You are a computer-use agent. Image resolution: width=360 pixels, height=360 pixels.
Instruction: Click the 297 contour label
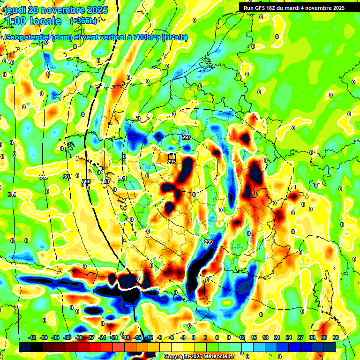click(187, 137)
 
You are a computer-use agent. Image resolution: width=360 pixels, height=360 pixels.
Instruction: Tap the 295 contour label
click(172, 162)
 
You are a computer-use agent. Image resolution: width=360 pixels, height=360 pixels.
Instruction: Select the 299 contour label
click(209, 242)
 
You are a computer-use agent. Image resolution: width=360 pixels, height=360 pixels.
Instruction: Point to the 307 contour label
click(67, 177)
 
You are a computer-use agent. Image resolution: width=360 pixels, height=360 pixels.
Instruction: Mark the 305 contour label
click(86, 181)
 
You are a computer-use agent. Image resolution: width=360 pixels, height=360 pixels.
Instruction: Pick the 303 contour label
click(105, 181)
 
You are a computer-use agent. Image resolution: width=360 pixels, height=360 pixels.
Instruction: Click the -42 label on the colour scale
click(32, 337)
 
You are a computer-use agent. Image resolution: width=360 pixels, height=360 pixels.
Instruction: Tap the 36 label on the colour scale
click(336, 337)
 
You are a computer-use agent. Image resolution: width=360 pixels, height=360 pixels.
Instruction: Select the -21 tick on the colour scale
click(114, 337)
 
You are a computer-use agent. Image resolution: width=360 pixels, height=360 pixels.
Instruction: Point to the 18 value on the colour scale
click(265, 337)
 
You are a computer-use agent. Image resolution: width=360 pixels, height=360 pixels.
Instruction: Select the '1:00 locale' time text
click(32, 21)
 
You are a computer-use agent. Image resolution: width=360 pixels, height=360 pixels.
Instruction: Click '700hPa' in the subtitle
click(146, 37)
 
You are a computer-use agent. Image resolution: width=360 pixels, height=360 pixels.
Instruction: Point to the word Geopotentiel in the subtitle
click(27, 37)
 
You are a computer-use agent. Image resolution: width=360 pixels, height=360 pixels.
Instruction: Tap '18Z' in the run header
click(272, 8)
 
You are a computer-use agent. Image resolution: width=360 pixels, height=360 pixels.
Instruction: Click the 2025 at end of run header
click(337, 8)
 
